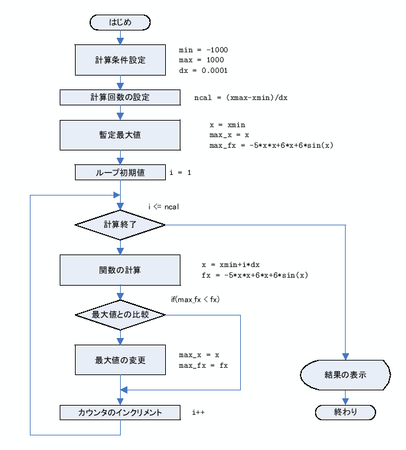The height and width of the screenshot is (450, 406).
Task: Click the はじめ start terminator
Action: [x=120, y=23]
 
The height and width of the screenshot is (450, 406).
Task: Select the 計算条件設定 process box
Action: [x=120, y=60]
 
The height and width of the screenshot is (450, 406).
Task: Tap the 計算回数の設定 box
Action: [x=120, y=97]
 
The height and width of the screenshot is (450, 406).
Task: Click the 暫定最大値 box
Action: [x=120, y=135]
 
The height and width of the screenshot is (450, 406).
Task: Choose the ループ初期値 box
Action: [x=120, y=172]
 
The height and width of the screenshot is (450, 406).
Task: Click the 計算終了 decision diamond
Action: [x=120, y=225]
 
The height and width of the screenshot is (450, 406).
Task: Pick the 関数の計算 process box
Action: [x=120, y=270]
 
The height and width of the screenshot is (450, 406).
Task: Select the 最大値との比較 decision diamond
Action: [x=120, y=315]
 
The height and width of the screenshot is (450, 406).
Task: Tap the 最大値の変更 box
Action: [x=120, y=361]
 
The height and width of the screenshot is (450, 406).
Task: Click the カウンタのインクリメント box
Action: [x=120, y=412]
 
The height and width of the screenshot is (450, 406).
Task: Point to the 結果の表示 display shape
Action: [x=346, y=374]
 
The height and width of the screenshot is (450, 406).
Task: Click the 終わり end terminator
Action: [x=346, y=412]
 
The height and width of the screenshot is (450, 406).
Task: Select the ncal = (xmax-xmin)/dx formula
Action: [x=241, y=97]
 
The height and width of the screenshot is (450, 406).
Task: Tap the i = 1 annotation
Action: [x=181, y=173]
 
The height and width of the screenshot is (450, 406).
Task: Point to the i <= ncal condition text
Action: [x=164, y=207]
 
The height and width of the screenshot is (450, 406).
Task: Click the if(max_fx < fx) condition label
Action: [x=195, y=300]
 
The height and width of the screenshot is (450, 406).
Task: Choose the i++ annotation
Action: [x=198, y=413]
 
